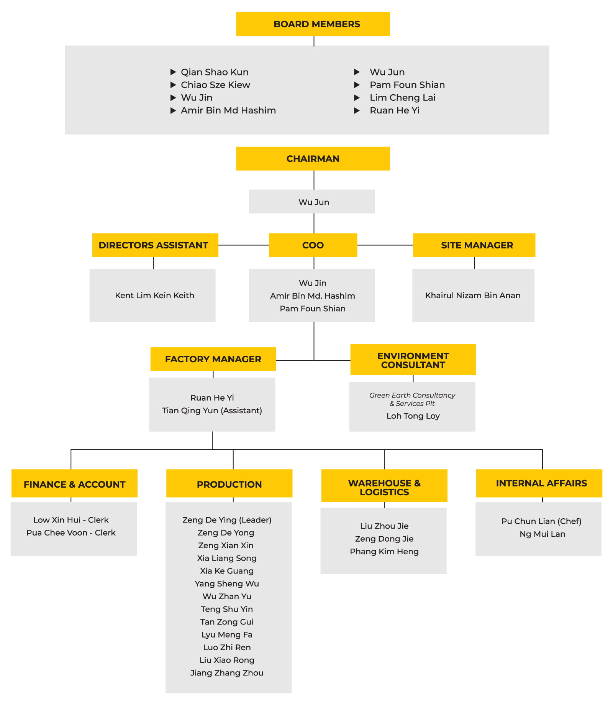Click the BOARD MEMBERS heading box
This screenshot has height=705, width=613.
313,24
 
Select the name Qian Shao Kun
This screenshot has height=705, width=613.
215,72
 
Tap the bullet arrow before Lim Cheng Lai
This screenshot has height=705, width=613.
357,98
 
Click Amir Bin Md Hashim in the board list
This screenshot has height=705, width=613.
228,110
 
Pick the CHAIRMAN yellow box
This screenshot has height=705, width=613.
313,159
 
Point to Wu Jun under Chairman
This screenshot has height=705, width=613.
313,202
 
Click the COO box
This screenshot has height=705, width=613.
313,245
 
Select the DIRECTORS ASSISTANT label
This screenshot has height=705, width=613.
153,245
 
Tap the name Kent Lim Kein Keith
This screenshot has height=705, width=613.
154,296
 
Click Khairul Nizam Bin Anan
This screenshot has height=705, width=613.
472,296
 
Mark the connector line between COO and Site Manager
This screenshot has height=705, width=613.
385,245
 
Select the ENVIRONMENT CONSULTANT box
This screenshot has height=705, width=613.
413,360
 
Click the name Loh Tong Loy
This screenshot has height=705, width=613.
413,416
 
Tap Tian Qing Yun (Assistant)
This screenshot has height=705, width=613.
212,411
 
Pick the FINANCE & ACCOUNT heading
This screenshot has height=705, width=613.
74,485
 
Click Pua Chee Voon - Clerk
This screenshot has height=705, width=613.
71,533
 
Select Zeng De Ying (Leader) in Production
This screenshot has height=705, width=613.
226,520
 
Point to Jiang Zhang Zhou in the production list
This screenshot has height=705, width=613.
226,673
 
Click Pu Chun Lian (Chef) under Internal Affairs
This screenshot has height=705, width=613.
541,521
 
